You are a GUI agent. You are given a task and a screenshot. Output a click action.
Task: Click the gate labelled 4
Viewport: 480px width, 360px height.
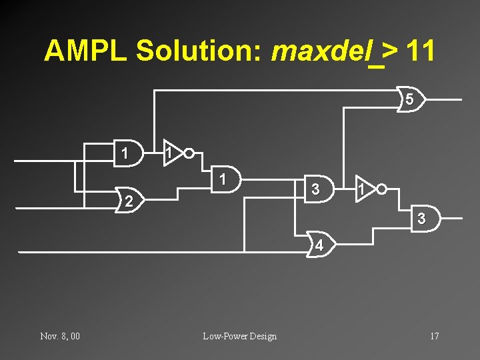coord(320,245)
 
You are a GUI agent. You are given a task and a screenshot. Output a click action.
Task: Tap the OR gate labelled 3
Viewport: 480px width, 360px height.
coord(421,218)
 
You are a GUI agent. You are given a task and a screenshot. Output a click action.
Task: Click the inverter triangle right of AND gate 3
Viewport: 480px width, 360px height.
coord(363,189)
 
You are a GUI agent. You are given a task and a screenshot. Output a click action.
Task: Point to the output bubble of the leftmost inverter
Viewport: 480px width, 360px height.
coord(189,154)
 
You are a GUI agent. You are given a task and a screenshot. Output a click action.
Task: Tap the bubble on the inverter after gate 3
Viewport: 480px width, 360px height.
coord(381,189)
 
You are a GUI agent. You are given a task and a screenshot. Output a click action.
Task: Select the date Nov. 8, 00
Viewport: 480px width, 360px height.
coord(60,336)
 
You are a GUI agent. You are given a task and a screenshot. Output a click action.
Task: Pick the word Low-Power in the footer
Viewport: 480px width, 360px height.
coord(225,336)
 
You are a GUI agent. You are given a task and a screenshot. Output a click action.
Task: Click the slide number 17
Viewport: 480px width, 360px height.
coord(434,336)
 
